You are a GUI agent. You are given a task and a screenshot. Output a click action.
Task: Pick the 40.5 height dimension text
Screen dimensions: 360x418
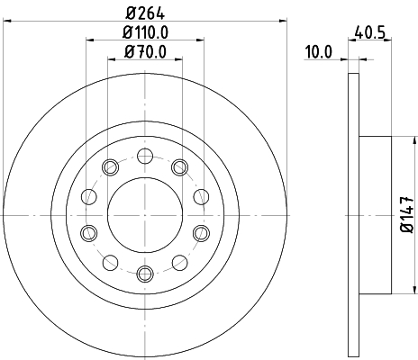370,33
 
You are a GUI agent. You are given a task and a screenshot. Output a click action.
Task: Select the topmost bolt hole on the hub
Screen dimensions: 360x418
144,155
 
